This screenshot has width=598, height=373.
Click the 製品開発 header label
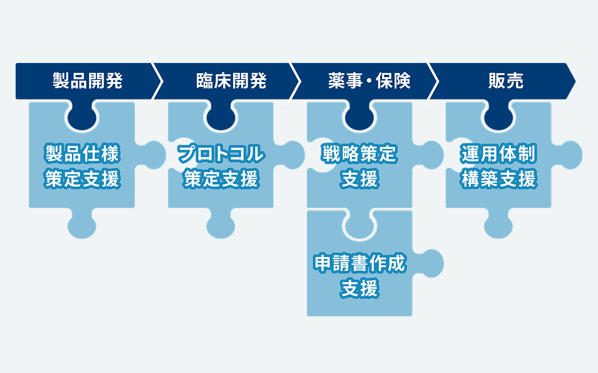(87, 82)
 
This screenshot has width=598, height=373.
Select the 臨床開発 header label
(231, 82)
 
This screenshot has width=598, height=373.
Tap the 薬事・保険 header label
(369, 82)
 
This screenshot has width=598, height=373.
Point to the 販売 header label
(506, 82)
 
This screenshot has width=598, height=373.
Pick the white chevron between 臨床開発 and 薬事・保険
(295, 82)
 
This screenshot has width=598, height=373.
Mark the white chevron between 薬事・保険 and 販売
(433, 82)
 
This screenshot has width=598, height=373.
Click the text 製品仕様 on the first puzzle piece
(82, 154)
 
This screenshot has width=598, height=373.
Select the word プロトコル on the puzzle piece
(221, 154)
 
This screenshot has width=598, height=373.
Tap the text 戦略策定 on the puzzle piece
(360, 154)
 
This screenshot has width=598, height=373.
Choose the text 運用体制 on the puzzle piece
(498, 154)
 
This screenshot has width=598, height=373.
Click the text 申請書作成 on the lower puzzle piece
(360, 264)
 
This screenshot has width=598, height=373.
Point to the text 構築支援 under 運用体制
(498, 179)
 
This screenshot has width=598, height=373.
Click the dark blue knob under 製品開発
(82, 116)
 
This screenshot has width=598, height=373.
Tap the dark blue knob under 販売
(498, 116)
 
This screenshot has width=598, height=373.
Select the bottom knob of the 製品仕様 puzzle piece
(82, 226)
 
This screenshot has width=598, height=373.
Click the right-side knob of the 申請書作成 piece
(430, 264)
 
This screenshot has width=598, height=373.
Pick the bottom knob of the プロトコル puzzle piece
(221, 226)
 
